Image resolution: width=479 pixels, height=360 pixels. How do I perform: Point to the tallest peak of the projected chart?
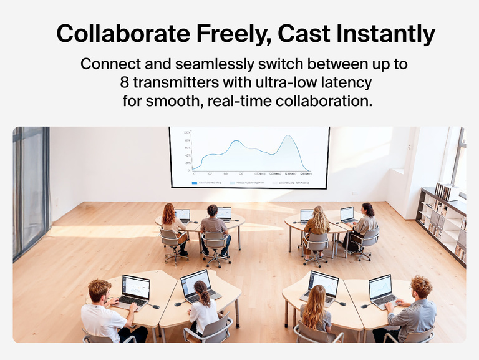tap(288, 137)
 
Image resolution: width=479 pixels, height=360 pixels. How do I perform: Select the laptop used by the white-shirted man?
tap(135, 290)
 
